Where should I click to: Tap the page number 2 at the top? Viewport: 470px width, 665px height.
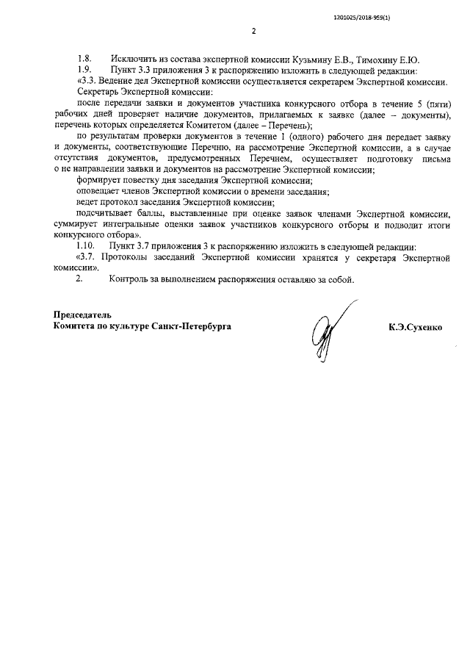[x=253, y=32]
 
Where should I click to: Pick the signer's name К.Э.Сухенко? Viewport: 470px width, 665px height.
[x=416, y=326]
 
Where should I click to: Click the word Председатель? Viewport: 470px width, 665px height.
[x=84, y=314]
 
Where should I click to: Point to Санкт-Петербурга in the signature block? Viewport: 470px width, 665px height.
[x=192, y=326]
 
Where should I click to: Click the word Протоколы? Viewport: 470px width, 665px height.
[x=139, y=259]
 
